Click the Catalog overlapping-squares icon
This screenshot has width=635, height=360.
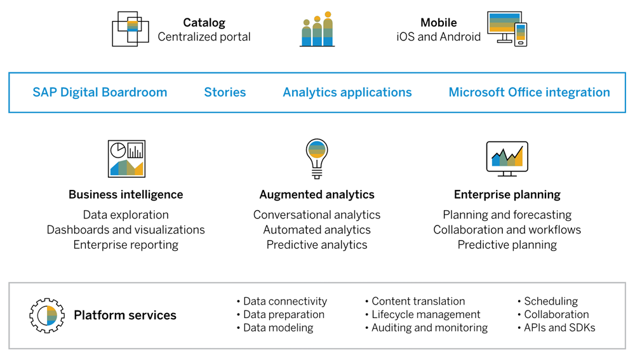point(130,29)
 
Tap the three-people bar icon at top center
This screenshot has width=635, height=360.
point(317,29)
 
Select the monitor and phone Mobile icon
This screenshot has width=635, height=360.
point(507,29)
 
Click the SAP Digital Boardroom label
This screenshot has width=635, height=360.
point(100,92)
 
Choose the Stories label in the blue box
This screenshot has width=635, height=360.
point(225,92)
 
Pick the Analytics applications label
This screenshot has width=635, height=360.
point(347,92)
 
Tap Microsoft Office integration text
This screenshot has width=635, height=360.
point(529,92)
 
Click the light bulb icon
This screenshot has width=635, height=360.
point(317,158)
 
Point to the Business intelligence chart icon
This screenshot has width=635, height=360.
point(126,159)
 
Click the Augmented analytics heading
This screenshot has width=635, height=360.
point(317,195)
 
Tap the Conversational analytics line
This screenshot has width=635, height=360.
point(317,215)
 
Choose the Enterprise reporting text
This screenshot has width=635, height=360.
point(126,244)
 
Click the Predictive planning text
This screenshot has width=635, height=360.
point(507,244)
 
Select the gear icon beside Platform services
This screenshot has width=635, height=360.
point(46,315)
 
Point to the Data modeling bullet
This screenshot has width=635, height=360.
point(278,328)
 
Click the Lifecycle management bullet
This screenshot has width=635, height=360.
point(425,314)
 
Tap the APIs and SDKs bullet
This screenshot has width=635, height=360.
point(559,328)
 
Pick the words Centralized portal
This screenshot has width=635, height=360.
point(204,37)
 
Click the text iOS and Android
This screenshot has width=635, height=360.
point(438,37)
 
